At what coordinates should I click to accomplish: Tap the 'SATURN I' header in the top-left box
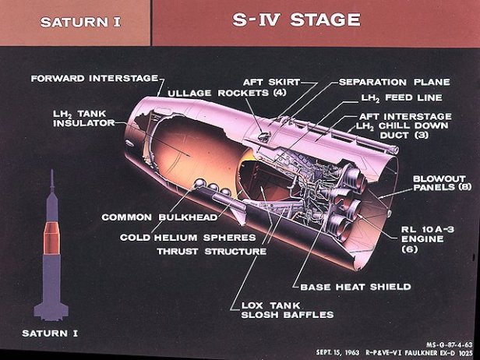75,22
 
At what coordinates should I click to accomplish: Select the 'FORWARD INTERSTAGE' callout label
94,78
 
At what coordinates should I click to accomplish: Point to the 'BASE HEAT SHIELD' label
355,287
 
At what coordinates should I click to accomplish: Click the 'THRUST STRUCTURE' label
211,252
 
